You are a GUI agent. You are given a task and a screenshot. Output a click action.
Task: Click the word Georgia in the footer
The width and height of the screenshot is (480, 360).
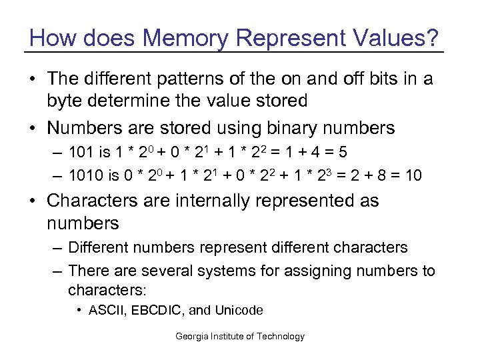pos(191,336)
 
